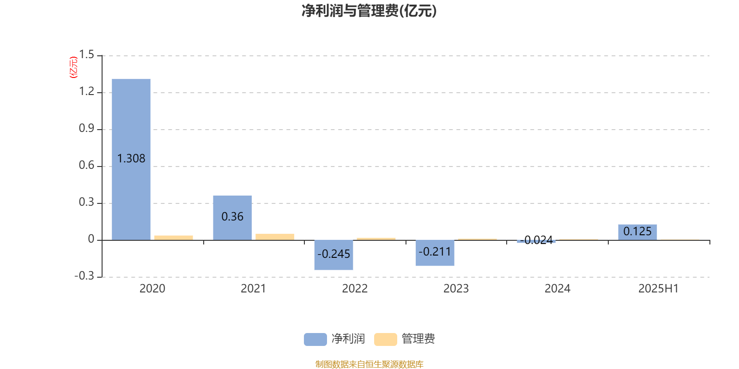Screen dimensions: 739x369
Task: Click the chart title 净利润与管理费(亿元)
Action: click(x=369, y=11)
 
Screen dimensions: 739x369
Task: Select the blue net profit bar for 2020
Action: click(x=131, y=160)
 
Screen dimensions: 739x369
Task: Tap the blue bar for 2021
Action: click(x=232, y=218)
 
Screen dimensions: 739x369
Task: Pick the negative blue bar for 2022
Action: click(x=333, y=255)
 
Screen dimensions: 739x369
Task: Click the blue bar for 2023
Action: click(x=435, y=253)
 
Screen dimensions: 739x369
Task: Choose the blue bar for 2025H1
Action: click(x=637, y=232)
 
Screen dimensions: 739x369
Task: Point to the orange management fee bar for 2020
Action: click(x=174, y=238)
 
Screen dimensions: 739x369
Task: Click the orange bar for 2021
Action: click(x=275, y=237)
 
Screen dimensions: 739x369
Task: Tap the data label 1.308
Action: click(x=131, y=159)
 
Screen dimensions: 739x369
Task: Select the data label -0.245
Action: click(x=333, y=254)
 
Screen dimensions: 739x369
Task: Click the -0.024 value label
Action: click(x=536, y=240)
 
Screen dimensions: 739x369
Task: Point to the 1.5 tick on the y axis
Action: click(x=86, y=54)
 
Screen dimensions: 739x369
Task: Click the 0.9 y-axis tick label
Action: click(x=86, y=128)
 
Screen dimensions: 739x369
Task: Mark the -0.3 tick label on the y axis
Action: click(x=85, y=276)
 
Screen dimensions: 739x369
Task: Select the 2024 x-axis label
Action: click(x=557, y=289)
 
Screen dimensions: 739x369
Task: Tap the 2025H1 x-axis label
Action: click(x=659, y=289)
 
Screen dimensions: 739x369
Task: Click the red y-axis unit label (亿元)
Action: click(x=73, y=67)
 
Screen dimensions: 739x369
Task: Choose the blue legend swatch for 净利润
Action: click(x=315, y=339)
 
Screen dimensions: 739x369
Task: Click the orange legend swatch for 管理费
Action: click(x=385, y=339)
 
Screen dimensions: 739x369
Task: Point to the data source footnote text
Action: click(x=369, y=364)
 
